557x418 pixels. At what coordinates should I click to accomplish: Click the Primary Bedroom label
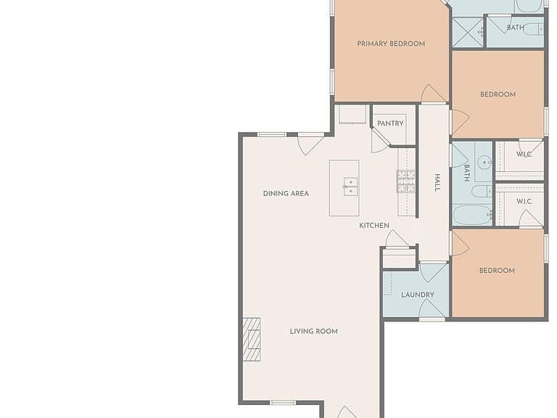tap(391, 44)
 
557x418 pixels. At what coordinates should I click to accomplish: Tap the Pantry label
tap(390, 123)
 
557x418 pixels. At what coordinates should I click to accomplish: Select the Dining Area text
tap(286, 193)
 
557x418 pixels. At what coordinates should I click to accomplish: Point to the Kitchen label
tap(374, 226)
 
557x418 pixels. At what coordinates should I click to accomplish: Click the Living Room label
tap(313, 331)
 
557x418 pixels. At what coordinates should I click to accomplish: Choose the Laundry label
tap(418, 295)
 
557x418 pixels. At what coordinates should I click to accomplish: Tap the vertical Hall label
tap(437, 183)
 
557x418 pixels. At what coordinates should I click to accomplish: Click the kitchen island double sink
tap(350, 187)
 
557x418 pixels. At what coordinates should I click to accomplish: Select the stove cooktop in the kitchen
tap(405, 181)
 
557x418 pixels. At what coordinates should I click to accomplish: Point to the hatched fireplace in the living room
tap(252, 340)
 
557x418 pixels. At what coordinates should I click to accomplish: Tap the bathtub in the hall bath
tap(472, 216)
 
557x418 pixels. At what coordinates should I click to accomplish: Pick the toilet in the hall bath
tap(482, 191)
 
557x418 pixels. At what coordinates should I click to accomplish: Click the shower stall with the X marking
tap(468, 33)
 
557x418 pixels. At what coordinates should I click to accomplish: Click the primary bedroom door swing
tap(432, 94)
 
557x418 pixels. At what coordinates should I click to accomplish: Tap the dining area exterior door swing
tap(310, 144)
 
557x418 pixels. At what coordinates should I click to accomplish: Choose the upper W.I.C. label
tap(524, 155)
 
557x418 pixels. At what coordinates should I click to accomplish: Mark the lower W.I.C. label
tap(524, 202)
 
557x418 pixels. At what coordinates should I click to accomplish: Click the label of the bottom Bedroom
tap(497, 271)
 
